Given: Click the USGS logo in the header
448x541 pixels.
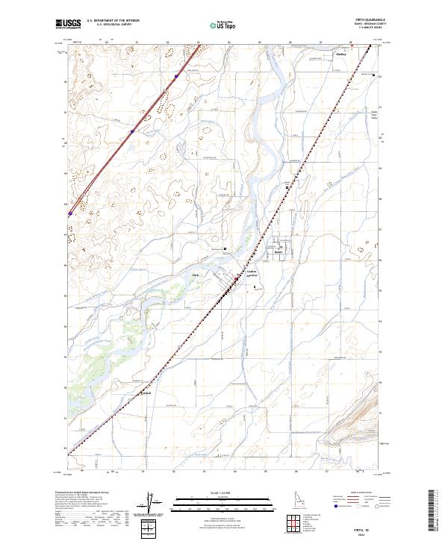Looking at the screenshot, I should pos(69,23).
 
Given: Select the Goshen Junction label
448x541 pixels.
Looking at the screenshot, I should pos(252,274).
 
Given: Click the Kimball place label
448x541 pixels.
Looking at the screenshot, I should pos(147,395).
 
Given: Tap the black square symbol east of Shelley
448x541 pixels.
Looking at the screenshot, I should pos(373,75).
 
